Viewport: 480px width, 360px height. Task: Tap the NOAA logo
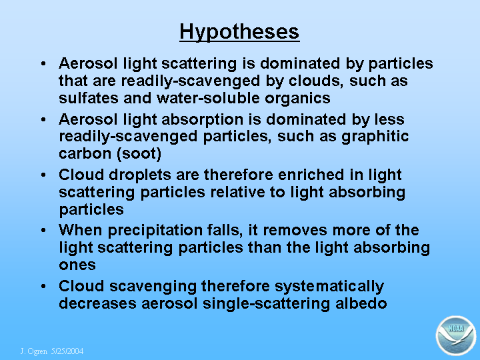[x=456, y=335]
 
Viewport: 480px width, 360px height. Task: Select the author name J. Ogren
[x=34, y=351]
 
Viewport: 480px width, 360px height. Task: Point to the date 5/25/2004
[x=67, y=351]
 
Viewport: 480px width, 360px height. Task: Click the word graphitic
[x=375, y=137]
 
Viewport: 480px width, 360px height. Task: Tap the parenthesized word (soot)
[x=139, y=154]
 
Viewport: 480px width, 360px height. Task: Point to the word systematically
[x=329, y=287]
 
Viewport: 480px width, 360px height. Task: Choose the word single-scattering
[x=266, y=304]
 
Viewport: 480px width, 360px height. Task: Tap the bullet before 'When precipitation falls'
[x=43, y=230]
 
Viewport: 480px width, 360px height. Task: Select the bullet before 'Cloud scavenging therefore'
[x=43, y=287]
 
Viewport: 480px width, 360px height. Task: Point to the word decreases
[x=97, y=303]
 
